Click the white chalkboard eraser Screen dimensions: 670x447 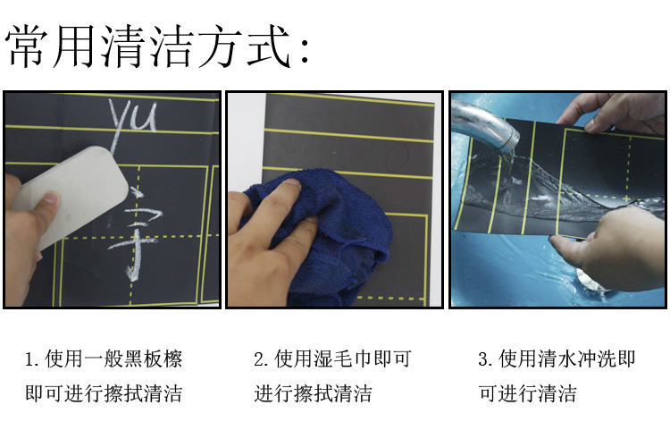tap(71, 196)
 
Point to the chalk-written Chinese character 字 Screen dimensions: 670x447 tap(136, 233)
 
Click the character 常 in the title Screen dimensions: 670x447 tap(28, 46)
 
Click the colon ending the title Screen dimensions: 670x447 tap(305, 51)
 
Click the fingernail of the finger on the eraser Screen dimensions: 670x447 tap(51, 198)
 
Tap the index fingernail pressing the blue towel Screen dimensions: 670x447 tap(292, 182)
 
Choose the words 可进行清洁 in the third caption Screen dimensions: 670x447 tap(527, 393)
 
